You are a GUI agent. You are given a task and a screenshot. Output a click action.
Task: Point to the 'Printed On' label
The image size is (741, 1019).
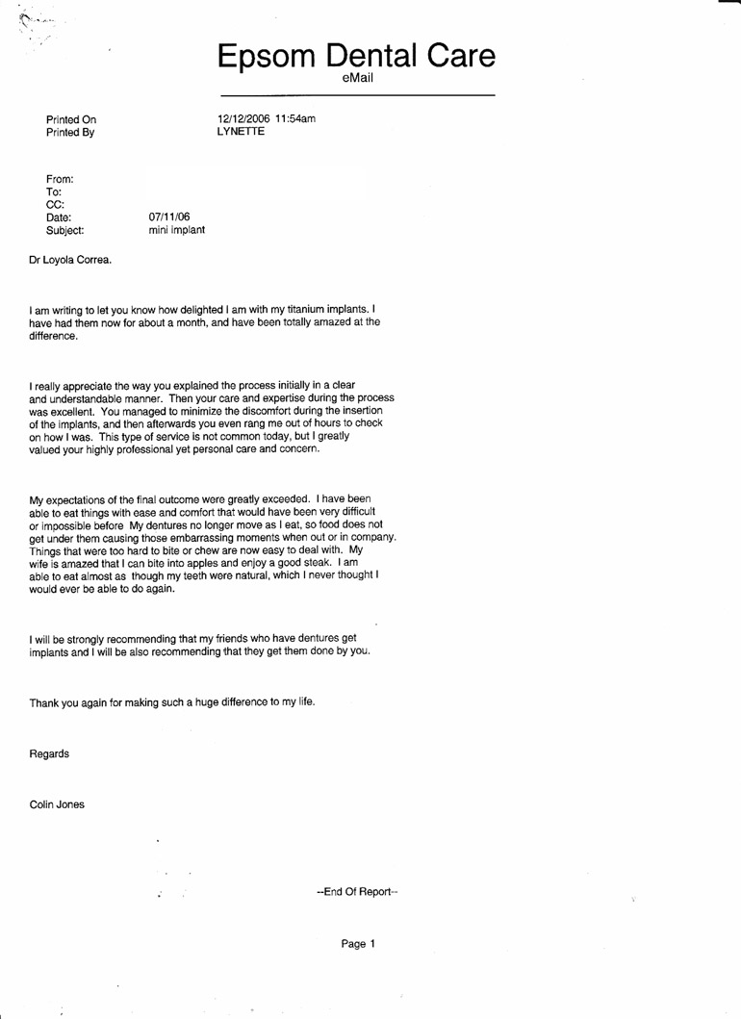coord(71,119)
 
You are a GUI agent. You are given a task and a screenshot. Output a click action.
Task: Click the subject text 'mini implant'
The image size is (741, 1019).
coord(177,231)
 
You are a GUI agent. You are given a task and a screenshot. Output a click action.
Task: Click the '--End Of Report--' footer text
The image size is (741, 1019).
coord(357,890)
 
